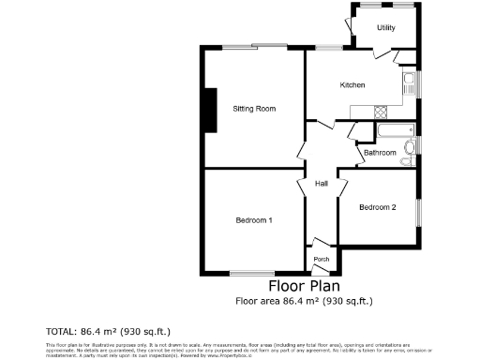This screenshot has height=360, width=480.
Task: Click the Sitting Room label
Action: (254, 109)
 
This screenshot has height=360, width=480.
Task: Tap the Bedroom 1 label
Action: (254, 220)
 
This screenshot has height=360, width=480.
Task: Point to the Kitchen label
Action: (352, 85)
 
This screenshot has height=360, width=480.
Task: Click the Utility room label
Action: (385, 28)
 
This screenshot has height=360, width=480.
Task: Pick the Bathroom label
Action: (380, 152)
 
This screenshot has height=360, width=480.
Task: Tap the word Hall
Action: (321, 183)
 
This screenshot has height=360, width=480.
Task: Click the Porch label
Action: (321, 259)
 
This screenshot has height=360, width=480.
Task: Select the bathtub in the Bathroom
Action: (388, 129)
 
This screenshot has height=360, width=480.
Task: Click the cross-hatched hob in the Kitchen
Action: (381, 112)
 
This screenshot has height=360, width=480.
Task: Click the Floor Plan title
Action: (304, 286)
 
